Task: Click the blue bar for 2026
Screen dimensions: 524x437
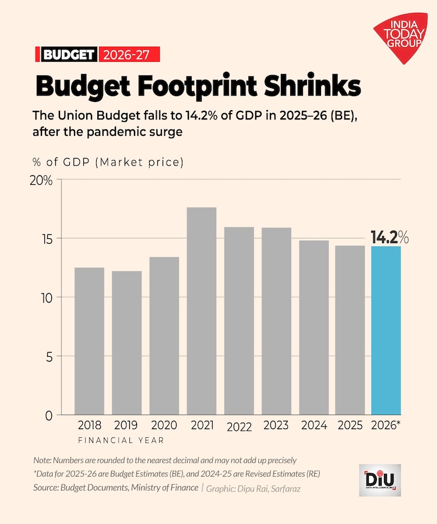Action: (386, 330)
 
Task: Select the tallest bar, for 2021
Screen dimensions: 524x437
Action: (202, 311)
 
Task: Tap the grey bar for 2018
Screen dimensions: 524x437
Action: (89, 341)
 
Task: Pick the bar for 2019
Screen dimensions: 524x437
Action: (126, 343)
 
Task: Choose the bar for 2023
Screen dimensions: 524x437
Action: (276, 321)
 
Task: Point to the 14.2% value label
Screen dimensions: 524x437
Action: (389, 237)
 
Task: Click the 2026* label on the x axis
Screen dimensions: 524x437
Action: (386, 425)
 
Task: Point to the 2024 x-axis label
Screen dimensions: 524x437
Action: (314, 425)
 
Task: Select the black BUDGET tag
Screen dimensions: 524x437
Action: (68, 55)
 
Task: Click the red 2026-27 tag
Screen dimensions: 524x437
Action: (129, 55)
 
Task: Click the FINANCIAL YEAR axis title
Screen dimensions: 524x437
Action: (121, 440)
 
